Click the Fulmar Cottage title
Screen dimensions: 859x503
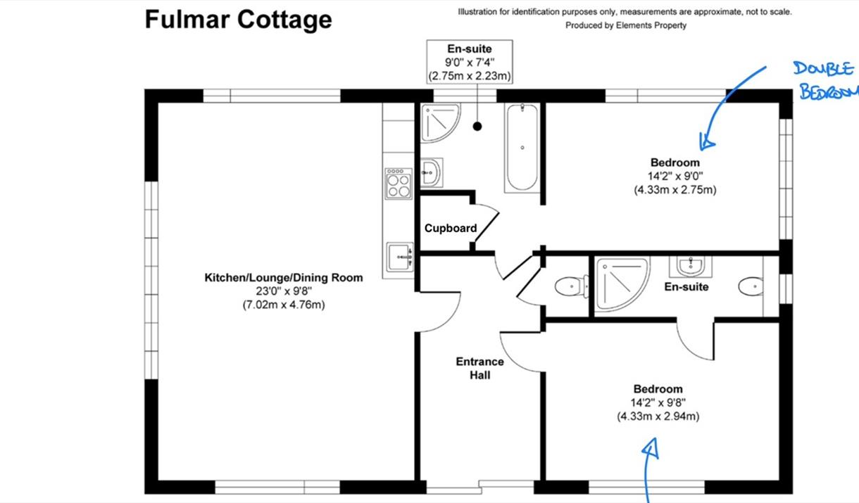tap(238, 20)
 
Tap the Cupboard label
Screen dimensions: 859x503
tap(451, 229)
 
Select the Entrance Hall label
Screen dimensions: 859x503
tap(479, 368)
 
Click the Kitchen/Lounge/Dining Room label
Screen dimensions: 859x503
tap(283, 277)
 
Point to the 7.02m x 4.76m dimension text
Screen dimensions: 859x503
tap(284, 305)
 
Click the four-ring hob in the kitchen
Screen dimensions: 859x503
tap(399, 184)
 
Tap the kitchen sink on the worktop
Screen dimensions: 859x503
tap(400, 257)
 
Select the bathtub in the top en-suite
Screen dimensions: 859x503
tap(522, 148)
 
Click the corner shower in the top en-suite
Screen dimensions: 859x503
tap(440, 122)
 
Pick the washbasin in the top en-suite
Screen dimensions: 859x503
tap(432, 173)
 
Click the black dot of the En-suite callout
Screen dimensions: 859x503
tap(477, 126)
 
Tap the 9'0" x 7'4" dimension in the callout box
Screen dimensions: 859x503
tap(470, 62)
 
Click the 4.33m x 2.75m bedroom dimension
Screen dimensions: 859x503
tap(675, 190)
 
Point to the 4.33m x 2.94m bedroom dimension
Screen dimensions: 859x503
tap(658, 416)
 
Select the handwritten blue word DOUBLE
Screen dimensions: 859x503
tap(823, 69)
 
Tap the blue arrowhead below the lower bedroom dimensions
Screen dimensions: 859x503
tap(651, 448)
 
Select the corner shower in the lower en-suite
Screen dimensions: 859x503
tap(622, 284)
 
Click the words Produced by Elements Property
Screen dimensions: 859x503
tap(626, 25)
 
